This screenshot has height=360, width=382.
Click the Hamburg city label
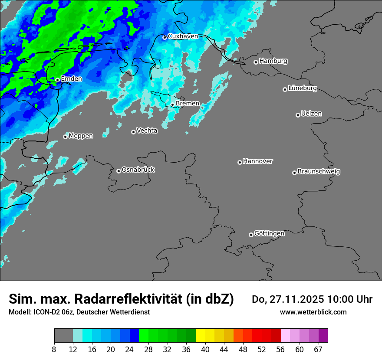(x=273, y=61)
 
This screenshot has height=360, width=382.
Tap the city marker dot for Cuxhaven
(x=165, y=37)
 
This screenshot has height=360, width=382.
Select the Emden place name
(x=71, y=79)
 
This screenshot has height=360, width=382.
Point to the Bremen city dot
(x=172, y=105)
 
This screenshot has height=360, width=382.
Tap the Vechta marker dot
(x=133, y=132)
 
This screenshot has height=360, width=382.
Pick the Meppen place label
(x=81, y=136)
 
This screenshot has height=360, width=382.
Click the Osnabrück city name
(x=138, y=170)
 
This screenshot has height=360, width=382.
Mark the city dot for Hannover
(x=240, y=162)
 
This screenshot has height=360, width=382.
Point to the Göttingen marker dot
(x=251, y=235)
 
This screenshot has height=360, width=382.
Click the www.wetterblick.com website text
(x=313, y=312)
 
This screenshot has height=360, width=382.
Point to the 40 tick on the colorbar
(x=205, y=350)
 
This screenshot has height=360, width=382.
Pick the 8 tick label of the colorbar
(x=54, y=350)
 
